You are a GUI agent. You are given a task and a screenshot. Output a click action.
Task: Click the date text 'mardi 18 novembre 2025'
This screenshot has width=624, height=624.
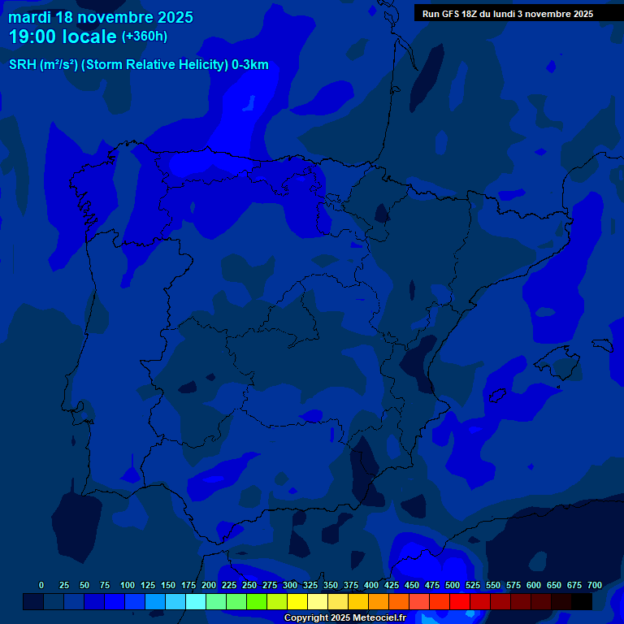pos(101,17)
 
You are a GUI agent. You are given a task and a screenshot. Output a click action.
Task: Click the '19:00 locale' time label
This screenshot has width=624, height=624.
pos(63,37)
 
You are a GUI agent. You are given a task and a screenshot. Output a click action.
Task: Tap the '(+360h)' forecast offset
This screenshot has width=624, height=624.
pos(145,37)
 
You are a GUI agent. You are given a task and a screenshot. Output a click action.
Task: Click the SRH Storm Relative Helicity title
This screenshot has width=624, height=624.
pos(138,65)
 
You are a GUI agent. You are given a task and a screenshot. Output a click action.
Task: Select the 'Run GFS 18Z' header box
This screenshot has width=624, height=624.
pos(508,14)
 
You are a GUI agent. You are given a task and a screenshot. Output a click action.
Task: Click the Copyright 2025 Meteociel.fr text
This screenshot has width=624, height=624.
pos(344,617)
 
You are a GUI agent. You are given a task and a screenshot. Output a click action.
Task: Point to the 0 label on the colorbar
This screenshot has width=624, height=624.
pos(41,585)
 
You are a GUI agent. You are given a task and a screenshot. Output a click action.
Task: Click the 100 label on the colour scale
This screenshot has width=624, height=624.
pos(128,585)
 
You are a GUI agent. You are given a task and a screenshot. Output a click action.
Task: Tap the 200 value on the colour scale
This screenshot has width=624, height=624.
pos(209,585)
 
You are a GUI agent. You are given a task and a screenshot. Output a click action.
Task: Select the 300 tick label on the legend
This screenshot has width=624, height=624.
pos(290,585)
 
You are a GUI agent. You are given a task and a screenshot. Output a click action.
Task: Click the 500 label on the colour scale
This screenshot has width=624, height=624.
pos(453,585)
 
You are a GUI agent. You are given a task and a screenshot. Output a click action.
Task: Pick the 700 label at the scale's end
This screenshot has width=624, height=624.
pos(595,585)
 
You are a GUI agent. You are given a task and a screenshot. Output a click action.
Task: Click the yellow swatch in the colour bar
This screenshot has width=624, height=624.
pos(297,601)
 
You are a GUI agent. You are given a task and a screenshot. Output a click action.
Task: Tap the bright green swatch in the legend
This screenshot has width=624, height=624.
pos(257,601)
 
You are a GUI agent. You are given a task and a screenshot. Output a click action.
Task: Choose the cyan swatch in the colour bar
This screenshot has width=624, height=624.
pos(196,601)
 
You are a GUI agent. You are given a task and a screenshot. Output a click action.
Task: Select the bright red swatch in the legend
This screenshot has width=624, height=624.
pos(460,601)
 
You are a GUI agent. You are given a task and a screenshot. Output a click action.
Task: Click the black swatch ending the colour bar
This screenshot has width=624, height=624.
pos(582,601)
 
